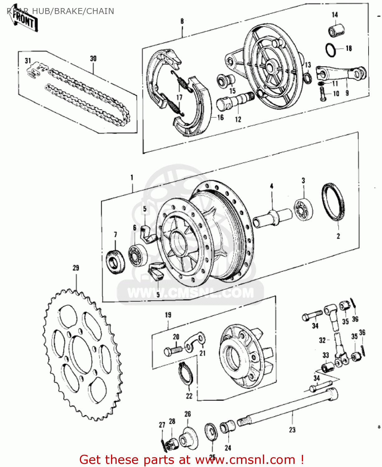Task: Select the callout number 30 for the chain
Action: tap(93, 59)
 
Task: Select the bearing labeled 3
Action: tap(303, 209)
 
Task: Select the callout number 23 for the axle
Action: tap(292, 430)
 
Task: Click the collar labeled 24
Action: tap(227, 427)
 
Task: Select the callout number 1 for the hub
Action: tap(132, 177)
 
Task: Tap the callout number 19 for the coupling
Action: tap(168, 315)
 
